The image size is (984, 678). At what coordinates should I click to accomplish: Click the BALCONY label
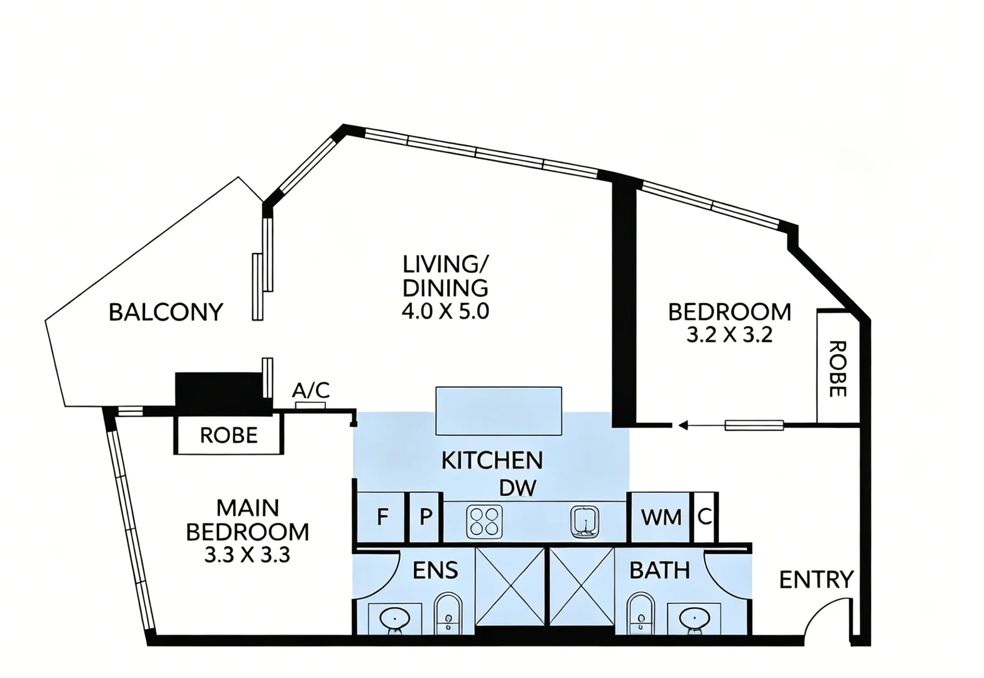166,312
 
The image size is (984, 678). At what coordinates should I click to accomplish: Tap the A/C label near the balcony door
311,390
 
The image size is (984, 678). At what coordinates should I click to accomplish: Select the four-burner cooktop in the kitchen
485,522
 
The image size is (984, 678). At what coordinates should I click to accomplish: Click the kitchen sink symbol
585,522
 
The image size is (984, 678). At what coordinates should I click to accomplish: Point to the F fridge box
381,517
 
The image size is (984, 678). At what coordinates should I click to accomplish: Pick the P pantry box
425,517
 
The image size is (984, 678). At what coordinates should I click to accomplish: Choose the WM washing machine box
660,517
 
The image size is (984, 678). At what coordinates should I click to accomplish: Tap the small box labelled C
705,517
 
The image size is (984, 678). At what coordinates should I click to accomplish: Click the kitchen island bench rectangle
499,411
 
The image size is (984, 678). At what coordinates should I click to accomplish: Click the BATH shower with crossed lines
582,587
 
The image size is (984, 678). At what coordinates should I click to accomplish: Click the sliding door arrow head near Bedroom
683,425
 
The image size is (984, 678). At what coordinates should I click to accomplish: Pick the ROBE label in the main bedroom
229,435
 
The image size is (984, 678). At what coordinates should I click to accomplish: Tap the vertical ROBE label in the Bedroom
838,369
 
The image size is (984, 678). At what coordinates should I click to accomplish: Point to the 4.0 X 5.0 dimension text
445,311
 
